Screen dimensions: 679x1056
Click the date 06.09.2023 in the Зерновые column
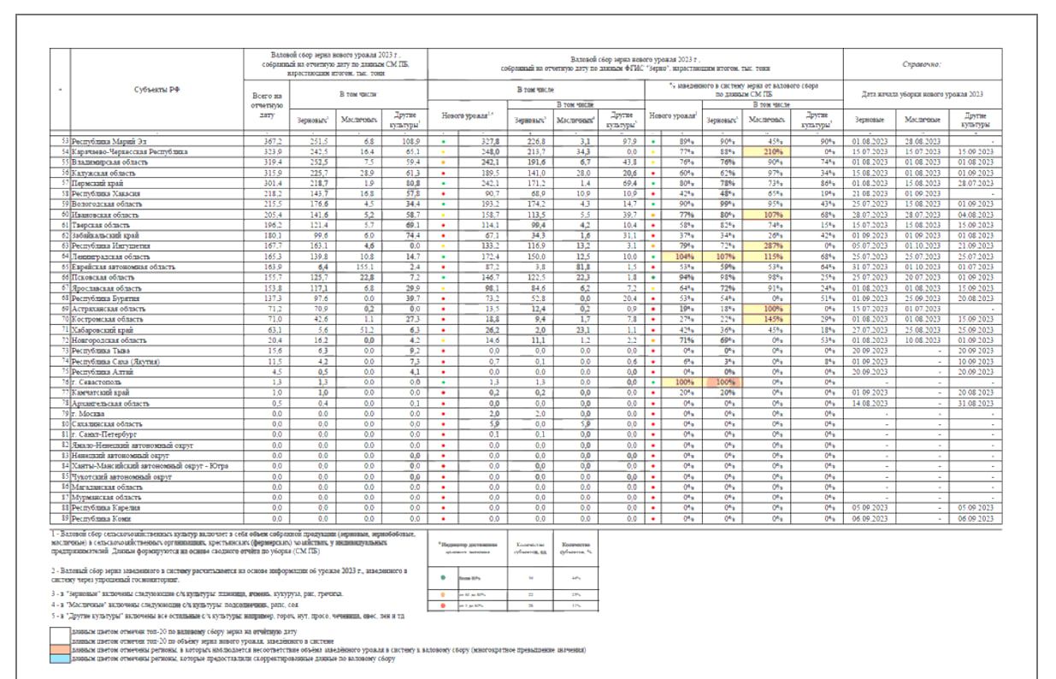coord(870,518)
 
